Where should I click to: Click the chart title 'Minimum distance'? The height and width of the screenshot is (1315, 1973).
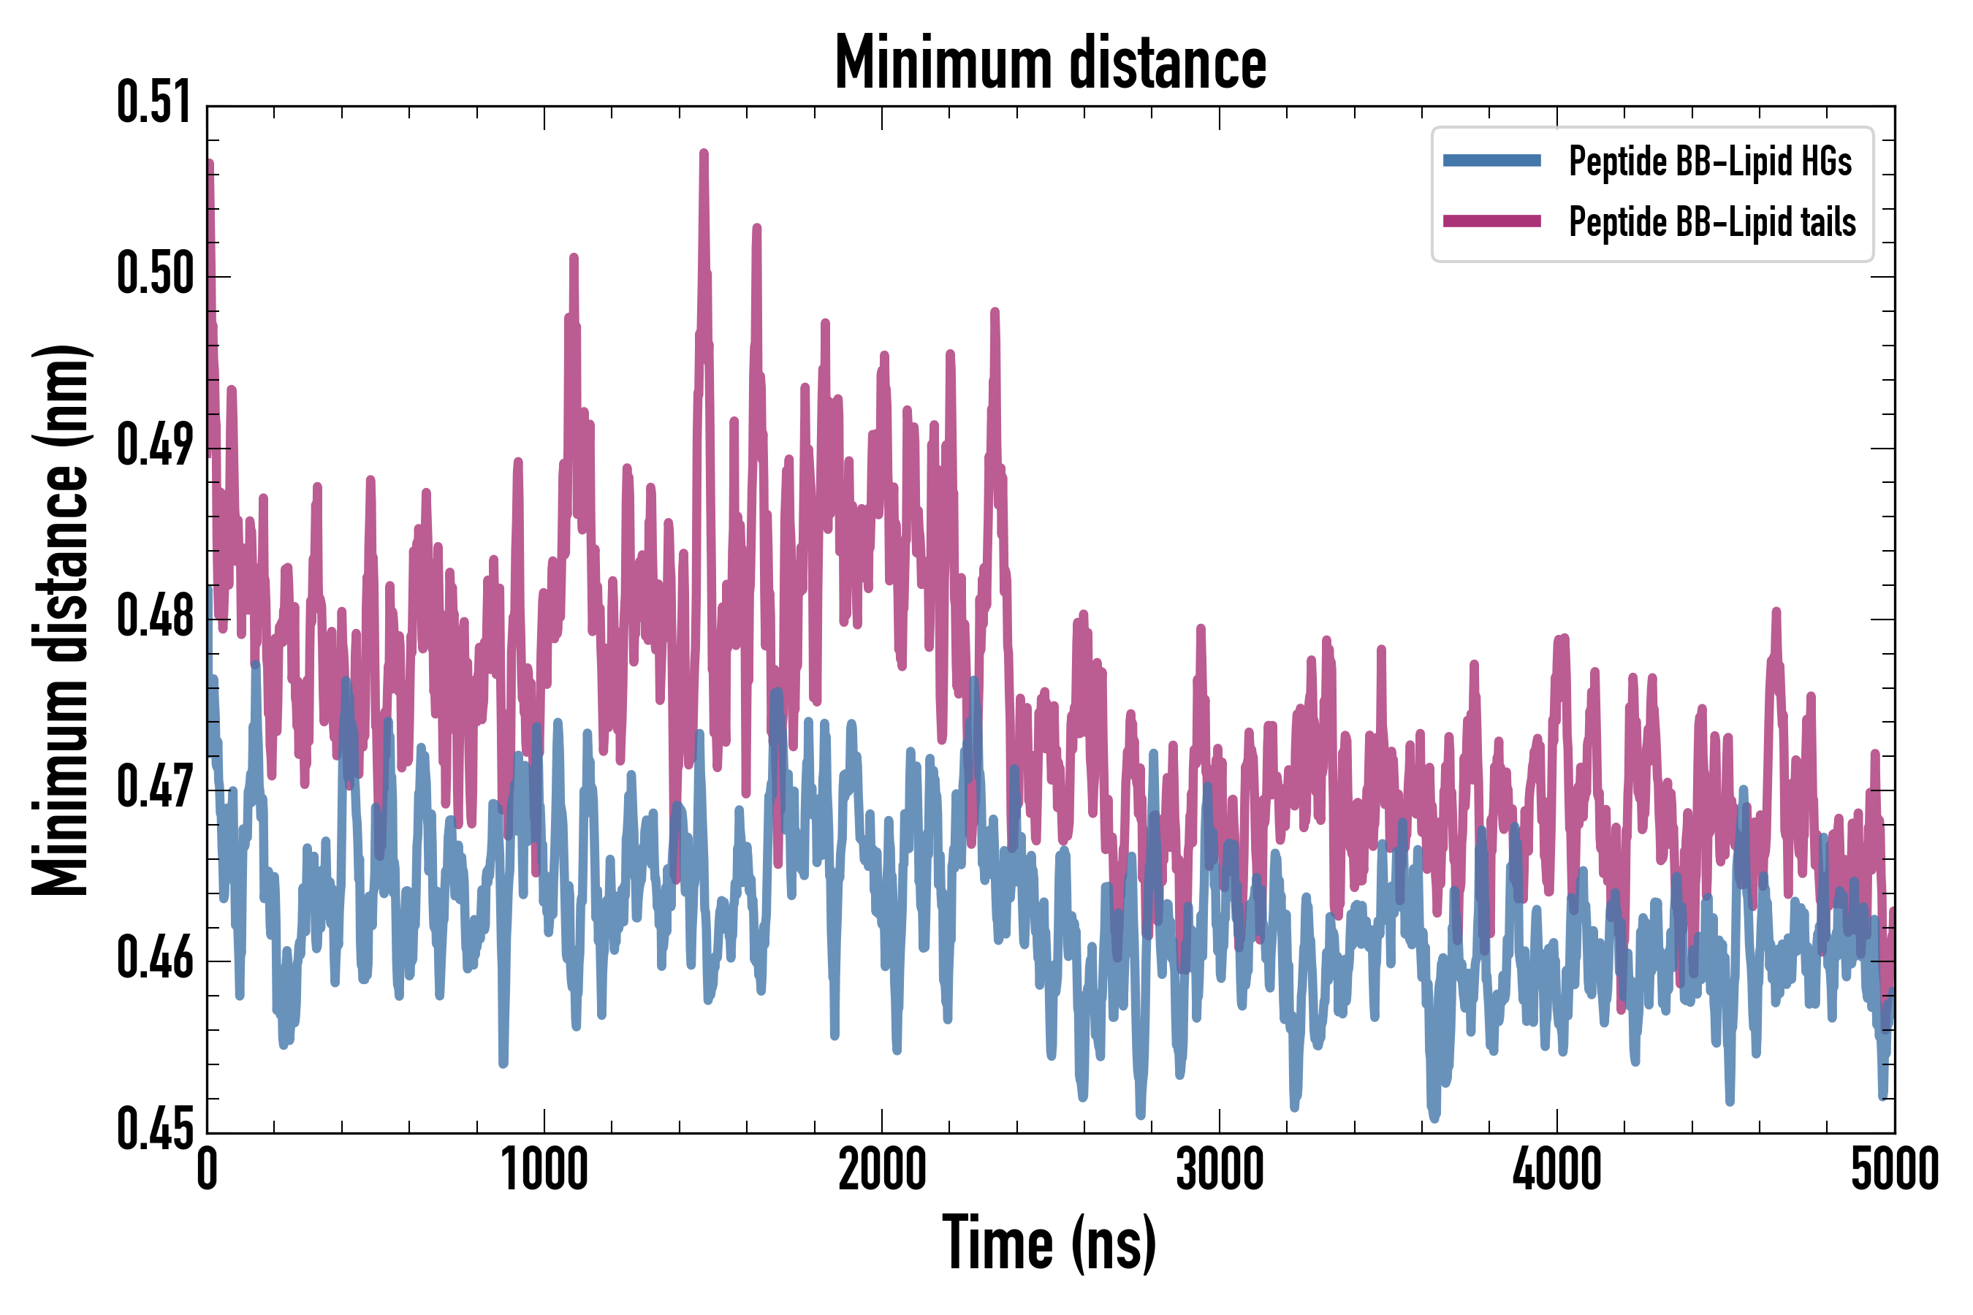[x=1050, y=62]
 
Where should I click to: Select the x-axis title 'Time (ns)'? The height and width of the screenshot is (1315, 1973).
[x=1049, y=1243]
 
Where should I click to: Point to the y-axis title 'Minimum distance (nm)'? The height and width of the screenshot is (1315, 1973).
[x=61, y=620]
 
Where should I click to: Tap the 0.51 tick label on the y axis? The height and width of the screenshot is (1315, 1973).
[x=154, y=103]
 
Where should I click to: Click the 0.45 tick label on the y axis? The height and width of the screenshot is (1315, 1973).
[x=154, y=1129]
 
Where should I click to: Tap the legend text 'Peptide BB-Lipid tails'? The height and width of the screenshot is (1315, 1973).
[x=1712, y=222]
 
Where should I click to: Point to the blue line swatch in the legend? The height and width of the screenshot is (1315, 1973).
[x=1491, y=161]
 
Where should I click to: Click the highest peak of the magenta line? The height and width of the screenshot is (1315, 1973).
[x=704, y=153]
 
